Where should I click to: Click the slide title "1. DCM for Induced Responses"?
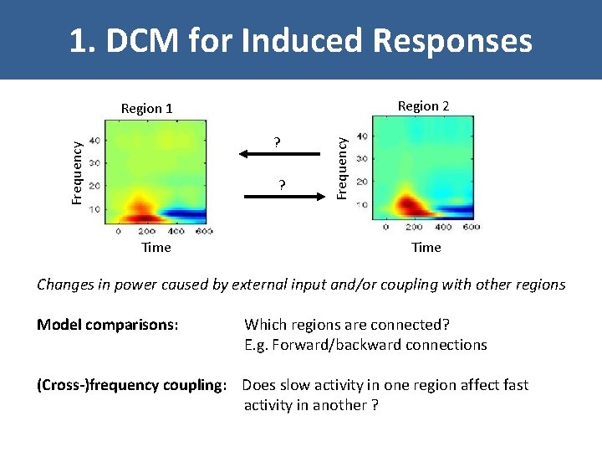coord(300,39)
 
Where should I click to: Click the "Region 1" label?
coord(147,108)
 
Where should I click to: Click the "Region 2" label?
coord(423,105)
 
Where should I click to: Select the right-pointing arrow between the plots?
coord(284,196)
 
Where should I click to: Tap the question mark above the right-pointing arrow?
coord(283,184)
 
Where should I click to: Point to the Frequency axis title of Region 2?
coord(341,167)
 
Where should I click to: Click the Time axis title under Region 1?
coord(156,247)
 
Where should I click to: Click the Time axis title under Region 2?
coord(426,247)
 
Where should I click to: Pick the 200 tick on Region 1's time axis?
coord(147,231)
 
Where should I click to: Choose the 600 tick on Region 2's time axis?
coord(471,227)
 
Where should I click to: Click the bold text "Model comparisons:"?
coord(108,325)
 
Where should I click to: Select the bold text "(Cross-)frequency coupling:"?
coord(132,385)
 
